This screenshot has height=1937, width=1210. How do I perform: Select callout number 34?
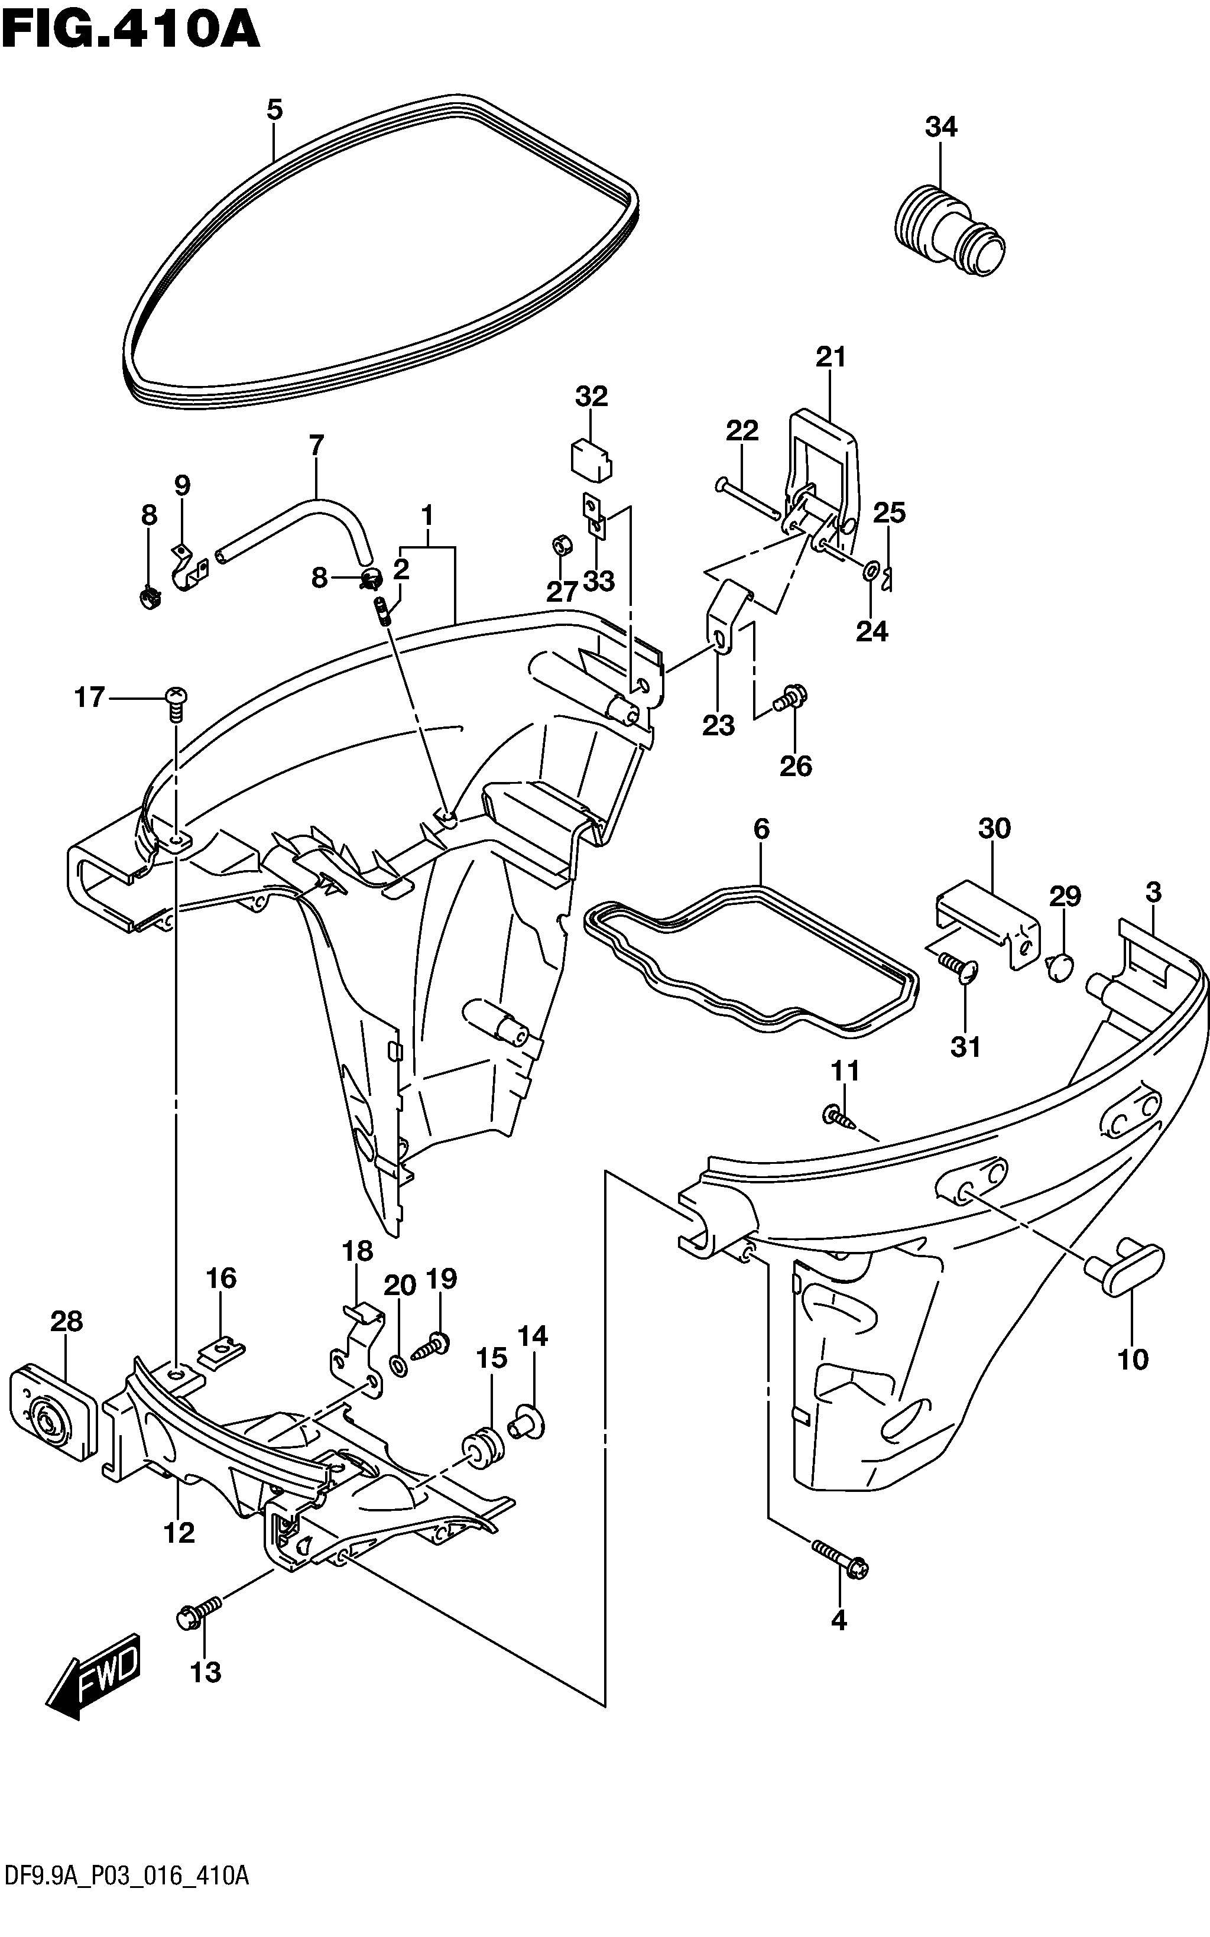point(941,126)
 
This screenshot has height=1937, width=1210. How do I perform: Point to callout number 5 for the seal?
point(274,109)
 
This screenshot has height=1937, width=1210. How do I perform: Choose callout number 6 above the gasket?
point(761,828)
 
